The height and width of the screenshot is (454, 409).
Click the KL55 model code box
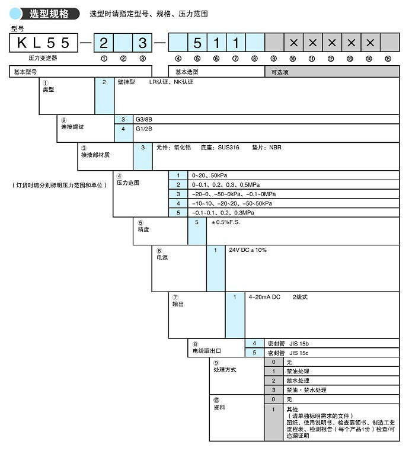pyautogui.click(x=45, y=43)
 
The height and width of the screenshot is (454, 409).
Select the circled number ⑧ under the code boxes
pyautogui.click(x=254, y=59)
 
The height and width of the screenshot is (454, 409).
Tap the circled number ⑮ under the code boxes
pyautogui.click(x=388, y=59)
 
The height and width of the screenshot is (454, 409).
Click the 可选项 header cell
pyautogui.click(x=280, y=71)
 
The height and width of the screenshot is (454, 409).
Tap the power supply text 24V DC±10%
pyautogui.click(x=248, y=250)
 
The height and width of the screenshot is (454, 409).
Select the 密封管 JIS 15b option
pyautogui.click(x=289, y=343)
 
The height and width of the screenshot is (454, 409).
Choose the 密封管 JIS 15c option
pyautogui.click(x=289, y=353)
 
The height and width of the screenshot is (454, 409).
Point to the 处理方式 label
pyautogui.click(x=225, y=369)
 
